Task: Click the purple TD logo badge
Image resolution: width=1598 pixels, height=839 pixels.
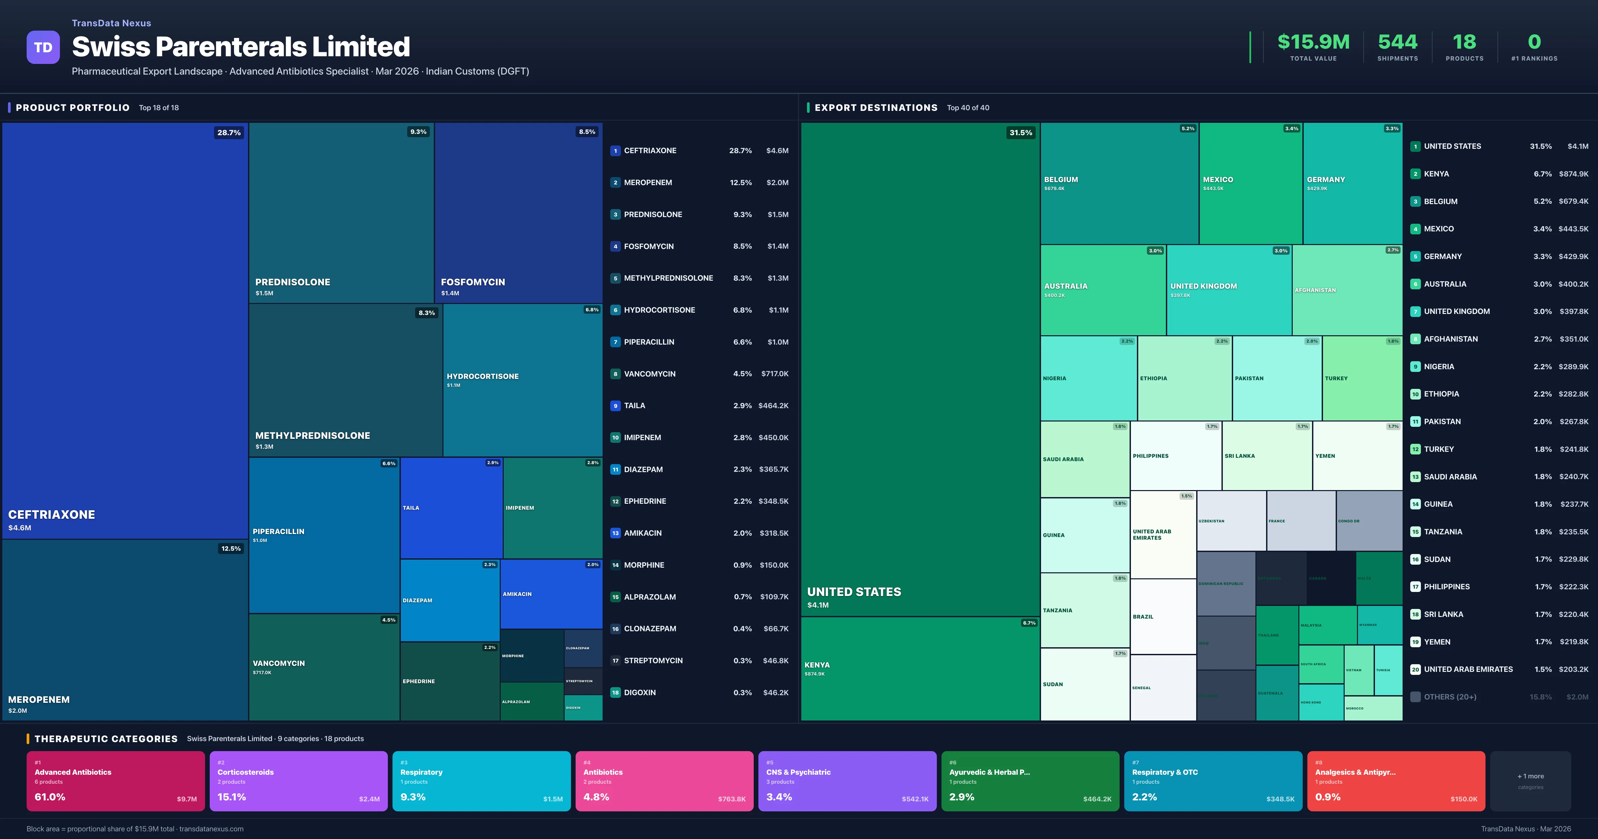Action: click(x=43, y=47)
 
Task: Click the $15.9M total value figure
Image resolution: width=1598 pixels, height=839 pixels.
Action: click(x=1313, y=42)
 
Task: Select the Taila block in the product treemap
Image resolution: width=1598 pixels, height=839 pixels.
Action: click(x=451, y=508)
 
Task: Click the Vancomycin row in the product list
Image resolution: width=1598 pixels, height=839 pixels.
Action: click(x=699, y=374)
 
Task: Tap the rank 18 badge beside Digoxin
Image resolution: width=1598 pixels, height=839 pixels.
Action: click(x=615, y=693)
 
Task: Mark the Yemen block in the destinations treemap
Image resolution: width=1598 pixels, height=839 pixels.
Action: click(x=1357, y=456)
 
